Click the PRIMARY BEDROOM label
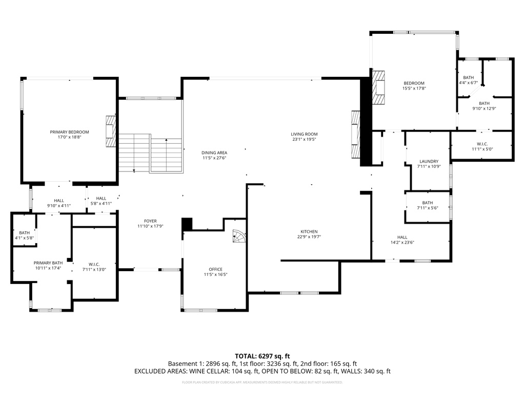click(69, 132)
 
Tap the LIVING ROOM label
click(305, 134)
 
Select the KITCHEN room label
click(309, 231)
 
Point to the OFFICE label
click(215, 269)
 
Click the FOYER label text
click(150, 221)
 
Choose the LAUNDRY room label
click(429, 161)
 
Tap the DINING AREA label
click(214, 152)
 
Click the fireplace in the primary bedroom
click(111, 132)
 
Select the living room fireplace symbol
click(355, 136)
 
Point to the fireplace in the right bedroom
click(378, 88)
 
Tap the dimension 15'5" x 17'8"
click(414, 88)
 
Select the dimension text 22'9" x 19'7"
click(309, 237)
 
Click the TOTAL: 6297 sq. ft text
click(262, 356)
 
